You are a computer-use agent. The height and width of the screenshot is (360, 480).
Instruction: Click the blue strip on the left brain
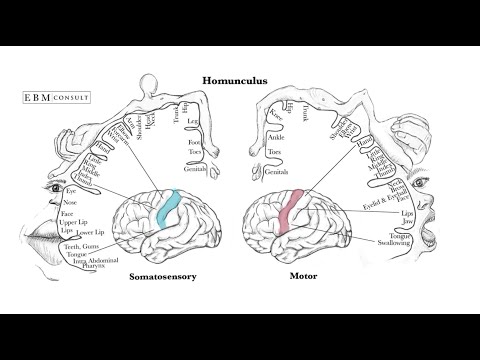tap(167, 208)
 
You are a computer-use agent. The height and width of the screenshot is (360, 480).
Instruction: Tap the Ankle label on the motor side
tap(277, 139)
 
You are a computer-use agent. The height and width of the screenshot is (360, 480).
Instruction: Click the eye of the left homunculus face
tap(52, 186)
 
